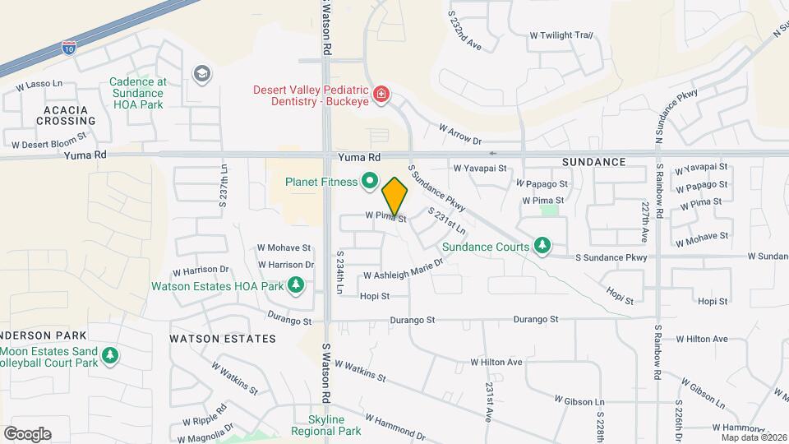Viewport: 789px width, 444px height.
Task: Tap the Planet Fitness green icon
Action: pos(370,181)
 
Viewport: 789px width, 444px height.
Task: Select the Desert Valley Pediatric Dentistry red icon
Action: pos(381,95)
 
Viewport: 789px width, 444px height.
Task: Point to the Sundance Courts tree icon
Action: pos(542,245)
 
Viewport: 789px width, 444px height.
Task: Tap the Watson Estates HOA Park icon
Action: pos(296,286)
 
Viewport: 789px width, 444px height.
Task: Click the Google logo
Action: pos(27,434)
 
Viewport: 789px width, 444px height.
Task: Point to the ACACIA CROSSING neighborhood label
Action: pos(66,114)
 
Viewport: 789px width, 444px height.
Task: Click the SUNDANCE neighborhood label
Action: pos(593,162)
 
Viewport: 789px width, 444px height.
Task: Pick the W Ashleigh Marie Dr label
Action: pos(403,269)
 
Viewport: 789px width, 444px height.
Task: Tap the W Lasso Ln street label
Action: pos(39,85)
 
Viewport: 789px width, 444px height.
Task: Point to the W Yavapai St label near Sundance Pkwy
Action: pos(475,167)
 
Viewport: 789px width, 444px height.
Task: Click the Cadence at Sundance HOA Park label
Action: pos(139,93)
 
